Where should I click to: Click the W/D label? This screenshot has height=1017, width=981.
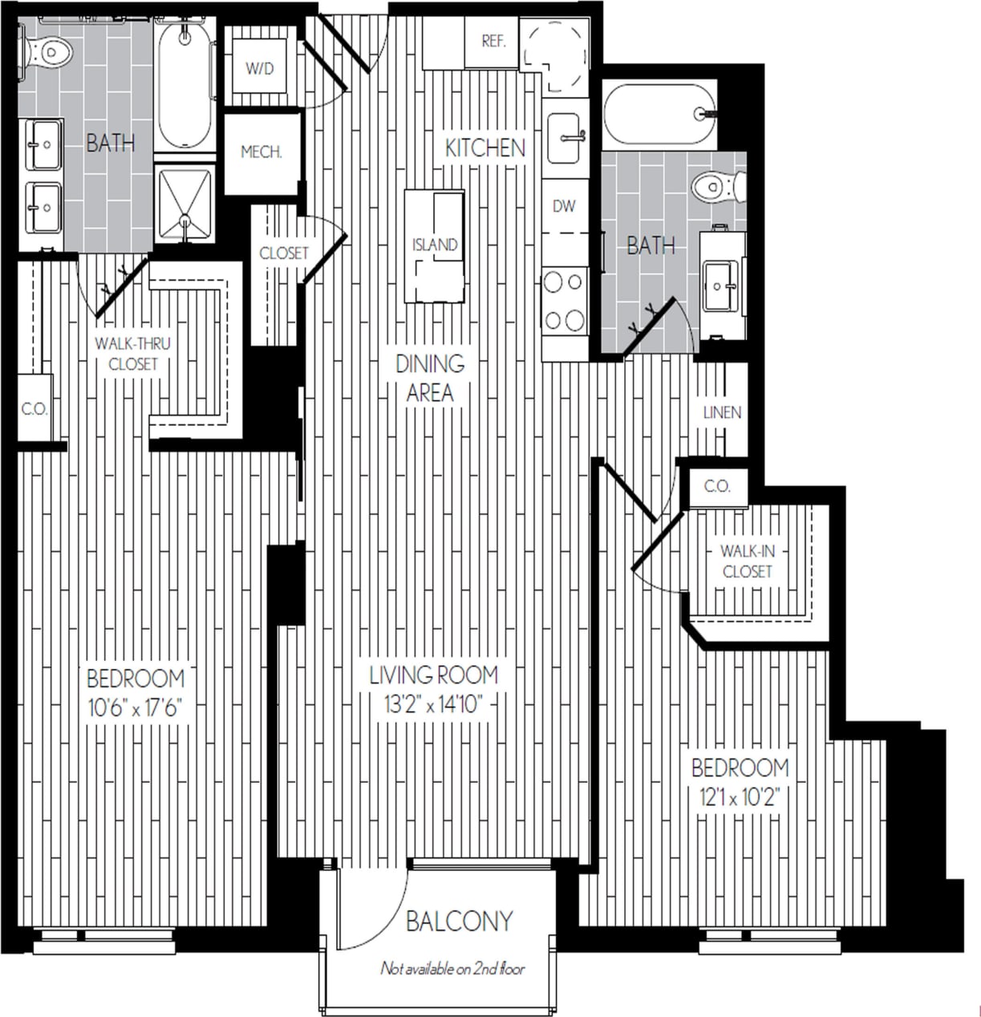[259, 69]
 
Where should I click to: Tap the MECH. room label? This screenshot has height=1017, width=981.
[261, 152]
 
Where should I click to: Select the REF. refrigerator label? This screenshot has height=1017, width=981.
[493, 41]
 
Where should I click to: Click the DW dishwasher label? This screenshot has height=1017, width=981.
[564, 207]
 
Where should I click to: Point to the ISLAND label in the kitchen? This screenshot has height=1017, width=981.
[435, 245]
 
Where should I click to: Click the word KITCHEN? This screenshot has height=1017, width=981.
[485, 148]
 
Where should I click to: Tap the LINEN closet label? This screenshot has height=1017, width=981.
[722, 413]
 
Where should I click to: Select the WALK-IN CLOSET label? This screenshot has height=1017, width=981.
[747, 561]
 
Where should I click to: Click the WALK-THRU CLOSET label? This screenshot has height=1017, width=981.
[132, 354]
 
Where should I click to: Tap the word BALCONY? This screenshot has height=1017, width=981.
[459, 922]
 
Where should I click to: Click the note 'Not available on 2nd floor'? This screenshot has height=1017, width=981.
[452, 969]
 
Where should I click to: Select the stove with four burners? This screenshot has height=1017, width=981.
[564, 302]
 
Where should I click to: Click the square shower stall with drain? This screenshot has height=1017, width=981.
[185, 203]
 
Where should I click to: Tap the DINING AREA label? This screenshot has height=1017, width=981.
[430, 378]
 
